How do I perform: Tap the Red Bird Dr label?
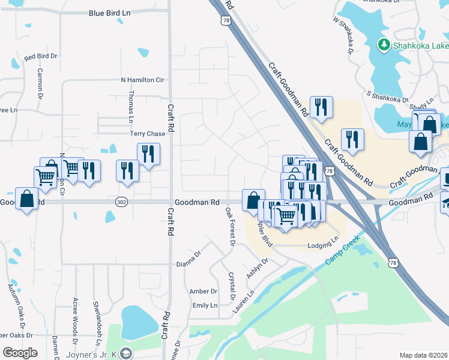pyautogui.click(x=40, y=56)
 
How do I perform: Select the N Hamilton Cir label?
pyautogui.click(x=142, y=79)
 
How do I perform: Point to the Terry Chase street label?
pyautogui.click(x=148, y=134)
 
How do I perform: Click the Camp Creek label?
pyautogui.click(x=342, y=251)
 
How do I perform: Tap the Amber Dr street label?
pyautogui.click(x=203, y=291)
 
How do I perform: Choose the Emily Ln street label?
pyautogui.click(x=204, y=305)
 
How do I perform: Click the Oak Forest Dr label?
pyautogui.click(x=230, y=226)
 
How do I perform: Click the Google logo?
pyautogui.click(x=20, y=353)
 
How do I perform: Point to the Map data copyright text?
pyautogui.click(x=424, y=355)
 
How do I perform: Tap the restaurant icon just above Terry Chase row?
pyautogui.click(x=148, y=154)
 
